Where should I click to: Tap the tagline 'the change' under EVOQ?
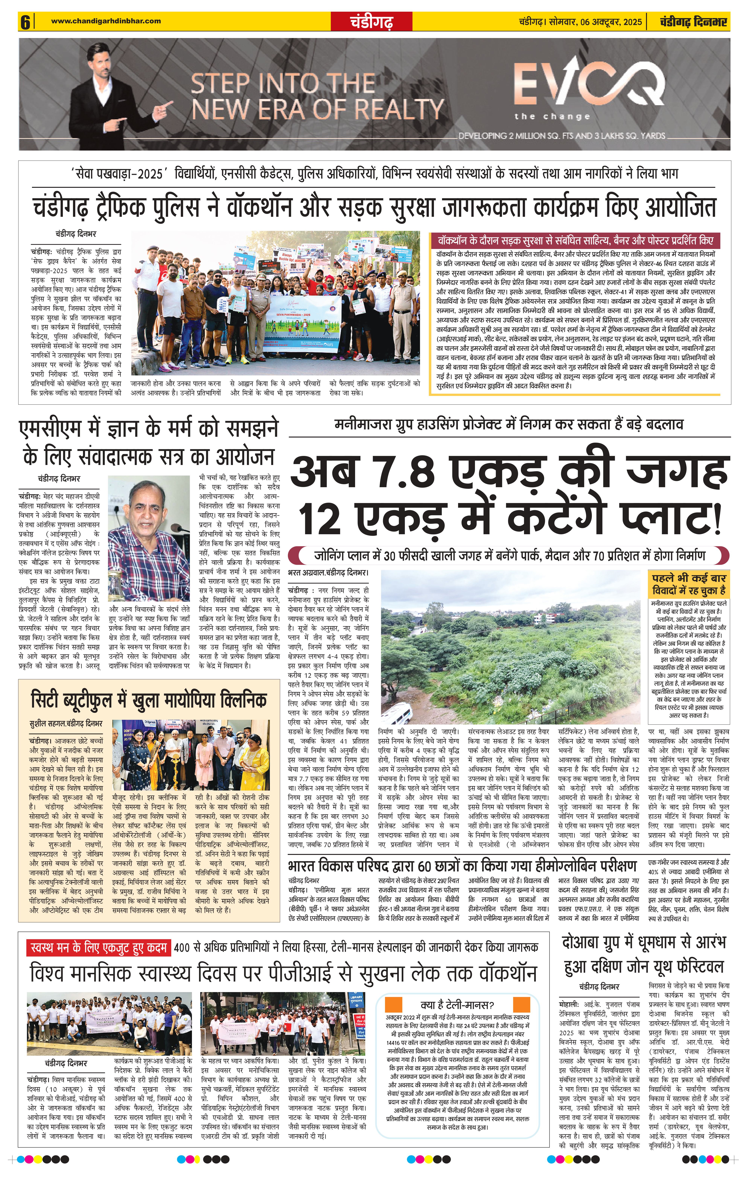coord(552,116)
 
